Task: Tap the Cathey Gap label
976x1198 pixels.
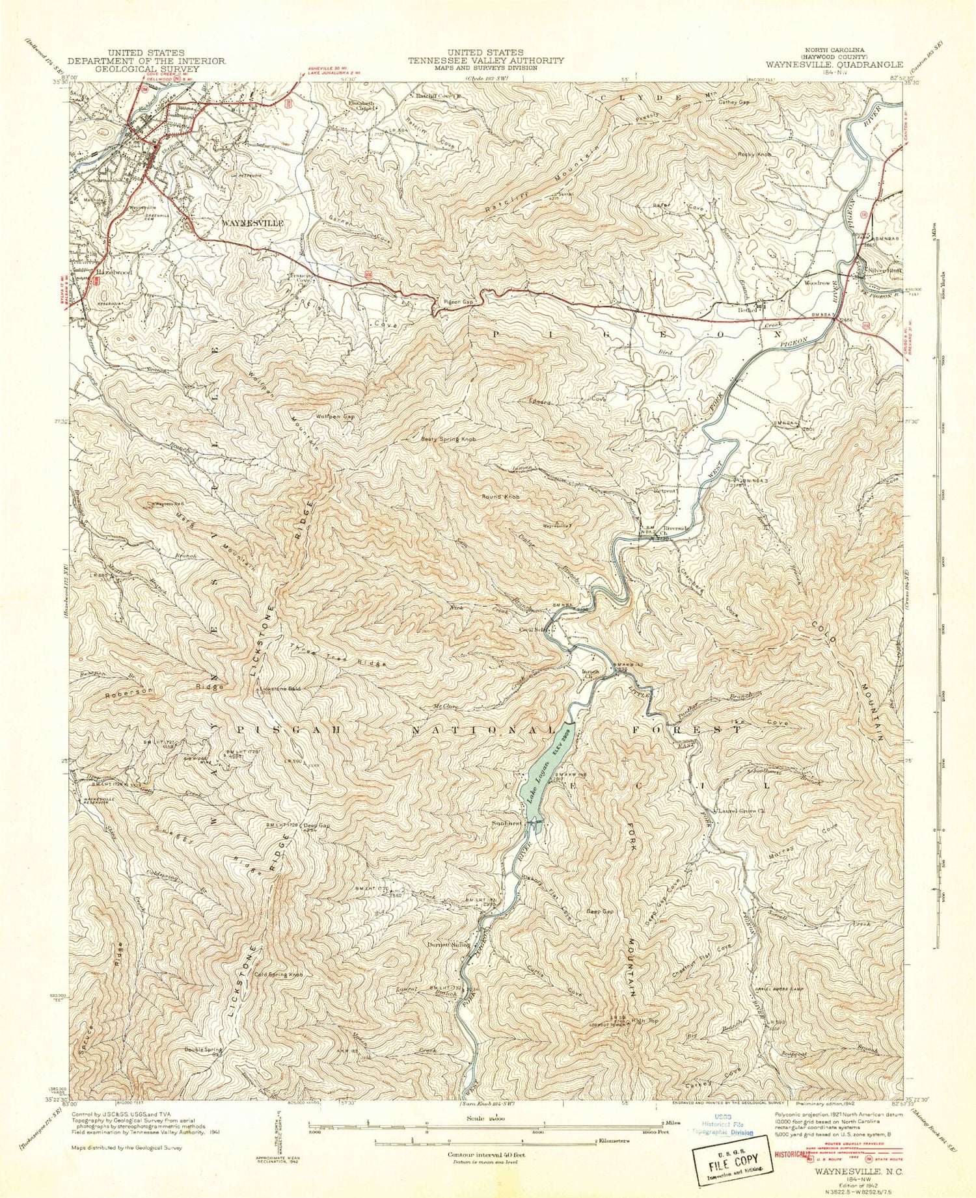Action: (x=734, y=102)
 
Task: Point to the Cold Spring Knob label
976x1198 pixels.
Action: (x=279, y=974)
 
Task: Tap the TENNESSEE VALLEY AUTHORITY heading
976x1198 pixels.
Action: (x=485, y=60)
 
